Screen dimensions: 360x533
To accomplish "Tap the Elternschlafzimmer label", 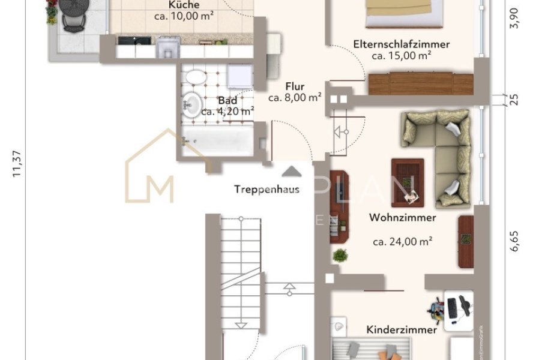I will [402, 44].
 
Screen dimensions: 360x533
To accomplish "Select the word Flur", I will [295, 86].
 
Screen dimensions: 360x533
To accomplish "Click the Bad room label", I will [227, 100].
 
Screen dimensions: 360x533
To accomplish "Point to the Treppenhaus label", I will [266, 190].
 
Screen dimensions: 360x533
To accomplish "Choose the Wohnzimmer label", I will [402, 218].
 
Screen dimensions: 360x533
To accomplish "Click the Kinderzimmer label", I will [402, 329].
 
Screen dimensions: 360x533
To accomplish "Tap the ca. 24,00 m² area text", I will [403, 242].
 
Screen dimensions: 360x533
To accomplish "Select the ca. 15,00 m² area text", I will [402, 56].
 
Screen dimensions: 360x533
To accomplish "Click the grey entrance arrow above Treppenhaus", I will [292, 172].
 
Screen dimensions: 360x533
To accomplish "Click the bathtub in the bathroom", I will [218, 142].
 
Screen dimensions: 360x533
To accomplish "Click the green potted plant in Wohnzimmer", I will [340, 255].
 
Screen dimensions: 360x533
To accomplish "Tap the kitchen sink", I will [167, 47].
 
